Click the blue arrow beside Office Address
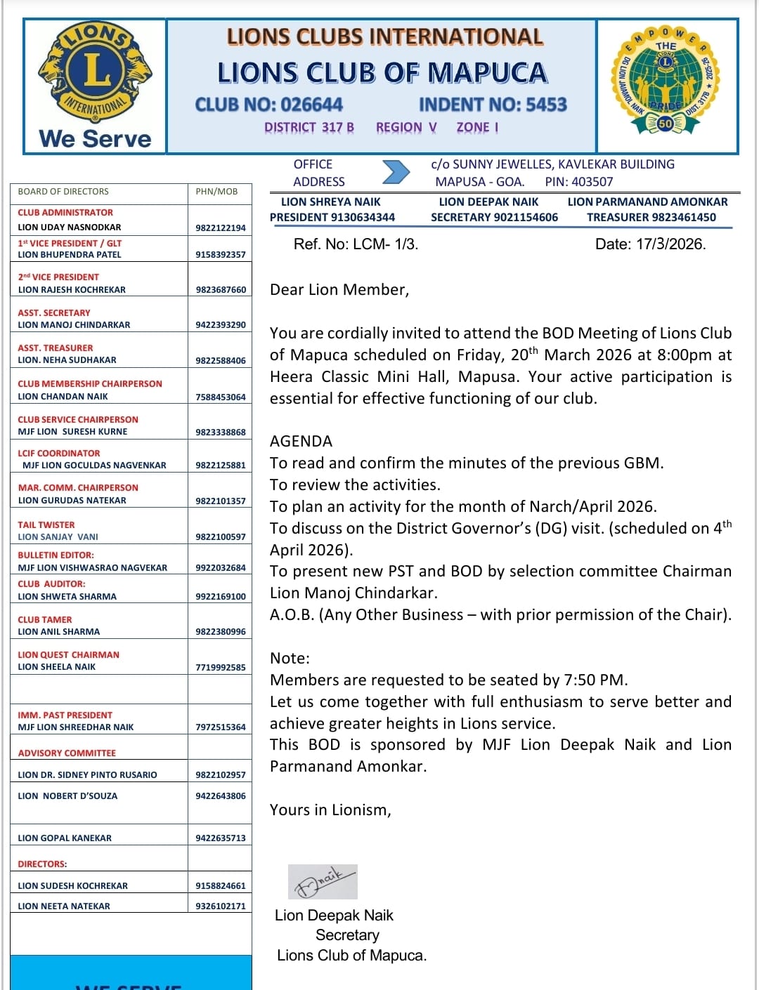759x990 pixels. [x=396, y=172]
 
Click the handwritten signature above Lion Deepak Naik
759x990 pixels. [x=323, y=881]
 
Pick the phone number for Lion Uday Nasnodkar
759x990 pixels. [x=221, y=228]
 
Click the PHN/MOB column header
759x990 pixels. [x=216, y=192]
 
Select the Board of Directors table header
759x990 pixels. [x=63, y=192]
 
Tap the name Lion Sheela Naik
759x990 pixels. [x=57, y=667]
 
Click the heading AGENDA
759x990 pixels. [x=301, y=442]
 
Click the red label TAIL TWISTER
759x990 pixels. [x=46, y=525]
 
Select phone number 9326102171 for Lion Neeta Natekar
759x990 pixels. [x=221, y=906]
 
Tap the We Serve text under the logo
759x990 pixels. [x=96, y=138]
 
